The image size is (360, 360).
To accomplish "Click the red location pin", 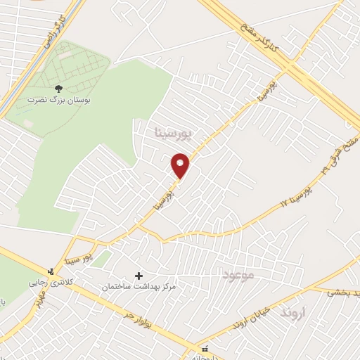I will pyautogui.click(x=181, y=166).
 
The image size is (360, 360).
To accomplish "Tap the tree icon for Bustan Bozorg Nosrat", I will pyautogui.click(x=58, y=89).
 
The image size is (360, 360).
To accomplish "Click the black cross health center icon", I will pyautogui.click(x=138, y=275).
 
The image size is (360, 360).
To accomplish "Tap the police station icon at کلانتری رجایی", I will pyautogui.click(x=51, y=271).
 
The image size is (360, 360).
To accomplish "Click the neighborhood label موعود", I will pyautogui.click(x=238, y=272).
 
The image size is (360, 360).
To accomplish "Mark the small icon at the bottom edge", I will pyautogui.click(x=205, y=349).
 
